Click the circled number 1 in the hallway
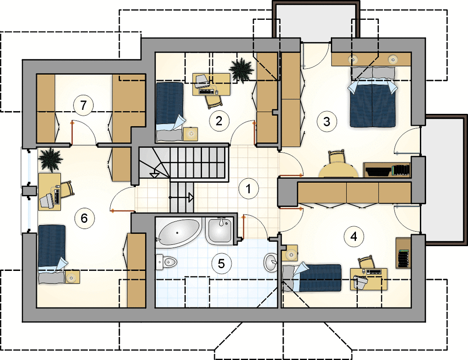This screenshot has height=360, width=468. point(248,189)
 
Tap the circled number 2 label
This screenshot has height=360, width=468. point(219,121)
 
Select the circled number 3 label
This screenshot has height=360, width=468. point(327,121)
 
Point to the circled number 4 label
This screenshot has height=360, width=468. point(354,236)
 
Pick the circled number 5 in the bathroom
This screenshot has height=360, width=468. point(221,263)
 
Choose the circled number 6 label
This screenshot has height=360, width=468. point(84,218)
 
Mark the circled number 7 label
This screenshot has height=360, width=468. point(83,105)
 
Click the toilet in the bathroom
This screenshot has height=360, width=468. point(166,262)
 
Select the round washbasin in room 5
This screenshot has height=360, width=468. point(271,262)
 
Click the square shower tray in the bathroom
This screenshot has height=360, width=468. point(220,230)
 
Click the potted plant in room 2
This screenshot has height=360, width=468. point(241,71)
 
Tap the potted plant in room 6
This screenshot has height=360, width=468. point(50,160)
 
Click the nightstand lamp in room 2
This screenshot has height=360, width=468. point(190,134)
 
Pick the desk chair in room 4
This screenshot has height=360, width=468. point(367,262)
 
